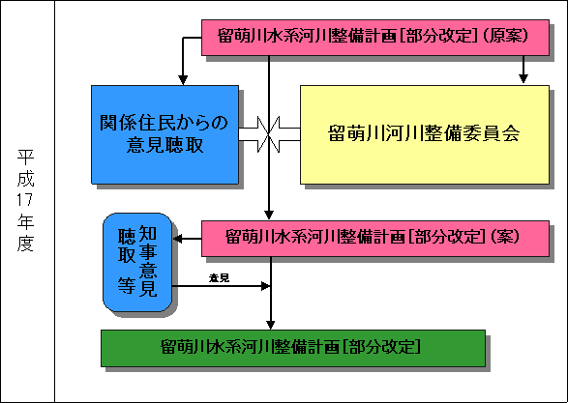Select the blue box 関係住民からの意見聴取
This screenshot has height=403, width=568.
tap(164, 132)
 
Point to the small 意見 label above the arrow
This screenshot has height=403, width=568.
tap(219, 278)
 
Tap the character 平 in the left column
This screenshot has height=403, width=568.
tap(25, 157)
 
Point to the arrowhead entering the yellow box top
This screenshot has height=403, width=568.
tap(523, 78)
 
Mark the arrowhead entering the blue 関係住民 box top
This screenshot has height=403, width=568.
tap(183, 78)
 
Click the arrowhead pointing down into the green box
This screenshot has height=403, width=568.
tap(271, 323)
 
